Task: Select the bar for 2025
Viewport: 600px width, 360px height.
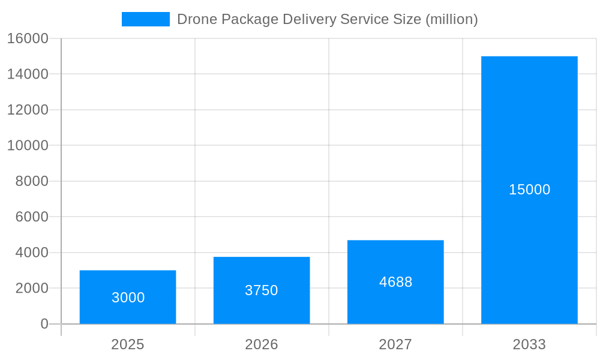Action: click(128, 282)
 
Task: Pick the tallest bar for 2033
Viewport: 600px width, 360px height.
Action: click(529, 120)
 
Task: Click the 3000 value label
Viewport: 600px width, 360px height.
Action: click(128, 298)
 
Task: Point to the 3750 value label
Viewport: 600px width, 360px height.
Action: click(262, 290)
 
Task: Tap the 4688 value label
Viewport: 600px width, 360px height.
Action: click(395, 282)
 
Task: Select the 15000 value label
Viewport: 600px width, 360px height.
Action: click(529, 190)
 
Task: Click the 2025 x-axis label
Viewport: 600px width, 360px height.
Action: click(128, 344)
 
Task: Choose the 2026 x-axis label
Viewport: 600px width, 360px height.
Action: click(262, 344)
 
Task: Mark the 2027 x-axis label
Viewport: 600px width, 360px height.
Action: click(395, 344)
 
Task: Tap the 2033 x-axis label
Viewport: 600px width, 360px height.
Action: click(529, 344)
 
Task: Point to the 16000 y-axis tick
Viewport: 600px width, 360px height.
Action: click(27, 38)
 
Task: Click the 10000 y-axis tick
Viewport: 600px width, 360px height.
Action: click(27, 145)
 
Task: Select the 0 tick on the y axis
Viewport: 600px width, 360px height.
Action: click(44, 324)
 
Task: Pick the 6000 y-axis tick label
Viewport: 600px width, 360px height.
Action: click(31, 217)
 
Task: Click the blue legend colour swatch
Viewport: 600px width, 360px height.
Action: click(145, 19)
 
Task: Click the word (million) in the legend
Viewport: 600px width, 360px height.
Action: click(451, 19)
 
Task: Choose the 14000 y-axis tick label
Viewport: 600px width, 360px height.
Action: click(27, 74)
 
